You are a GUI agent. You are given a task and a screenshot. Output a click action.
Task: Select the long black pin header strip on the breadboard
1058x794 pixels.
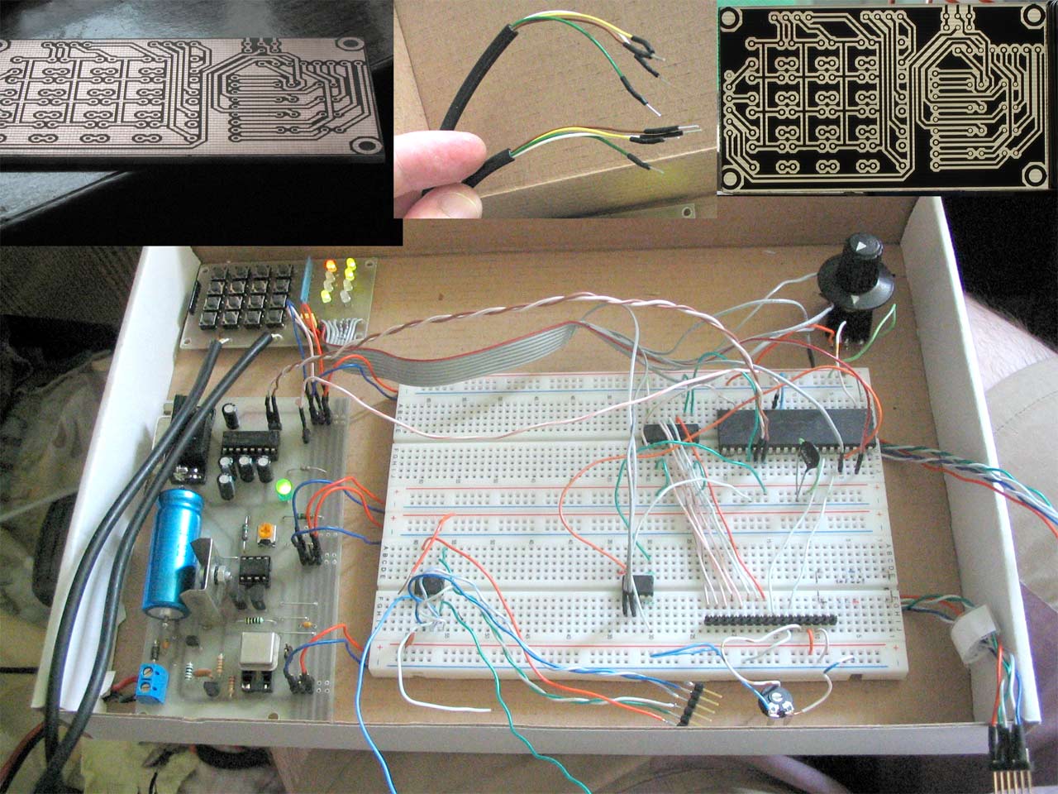(770, 619)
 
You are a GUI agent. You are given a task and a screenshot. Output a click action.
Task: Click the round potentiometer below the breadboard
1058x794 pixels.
(775, 703)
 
